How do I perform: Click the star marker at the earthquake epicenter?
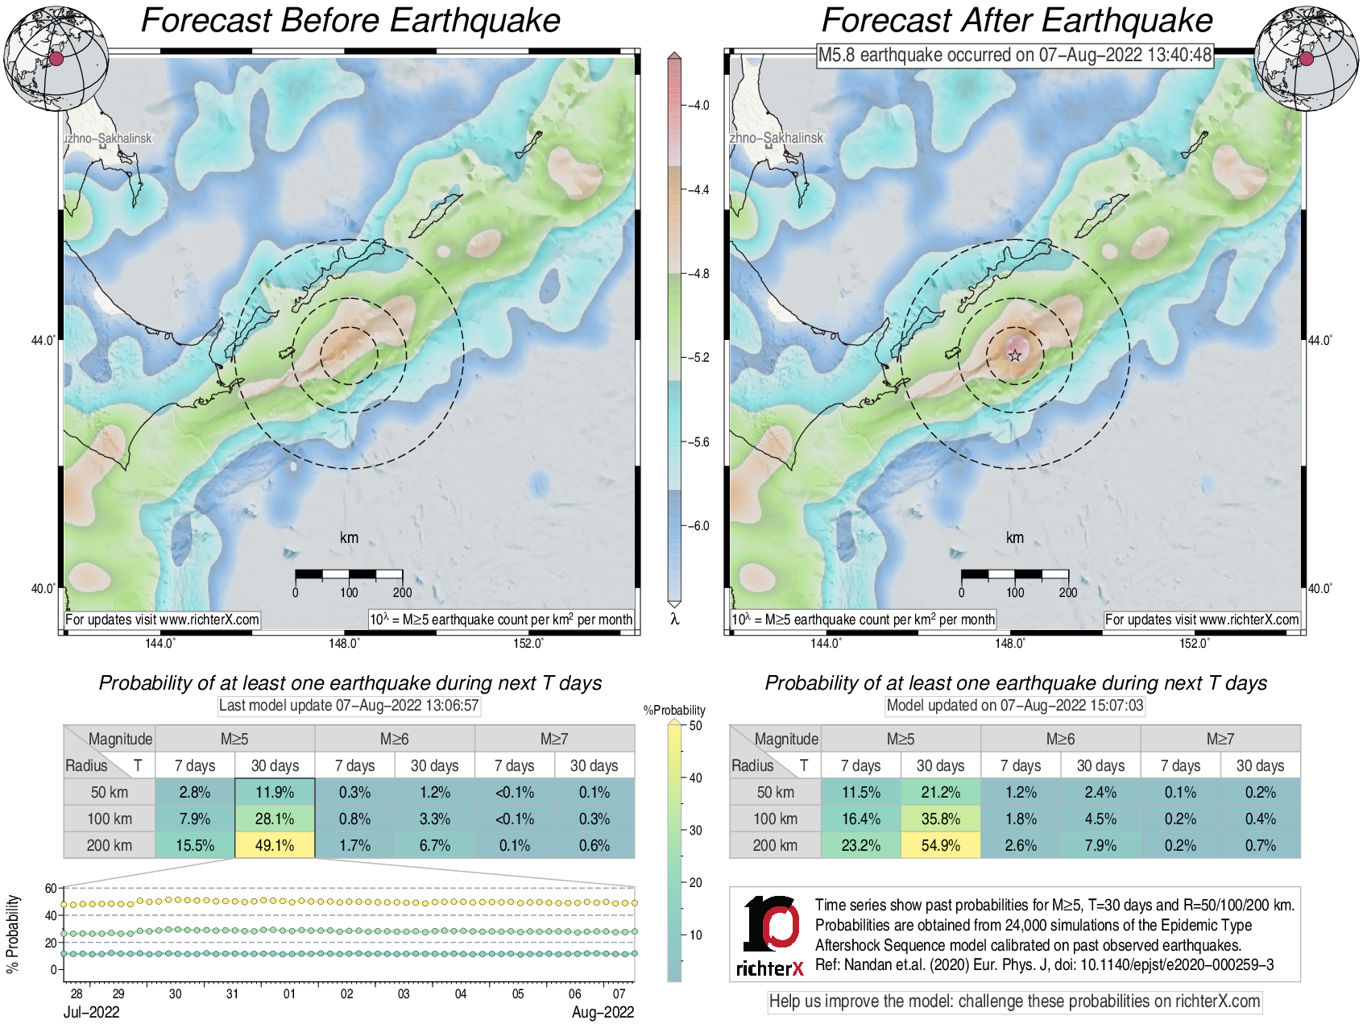pyautogui.click(x=1015, y=355)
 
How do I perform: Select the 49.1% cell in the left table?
pyautogui.click(x=275, y=845)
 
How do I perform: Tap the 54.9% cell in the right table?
pyautogui.click(x=940, y=845)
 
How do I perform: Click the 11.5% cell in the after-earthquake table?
pyautogui.click(x=860, y=792)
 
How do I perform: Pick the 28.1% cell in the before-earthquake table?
pyautogui.click(x=275, y=819)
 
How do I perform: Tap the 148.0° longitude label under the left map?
pyautogui.click(x=344, y=643)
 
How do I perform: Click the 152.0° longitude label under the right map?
pyautogui.click(x=1194, y=643)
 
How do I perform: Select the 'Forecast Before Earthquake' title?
pyautogui.click(x=350, y=21)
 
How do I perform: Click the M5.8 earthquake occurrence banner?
pyautogui.click(x=1015, y=55)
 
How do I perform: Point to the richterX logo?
pyautogui.click(x=771, y=935)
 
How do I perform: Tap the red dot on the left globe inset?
pyautogui.click(x=56, y=59)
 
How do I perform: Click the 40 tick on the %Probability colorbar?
pyautogui.click(x=696, y=777)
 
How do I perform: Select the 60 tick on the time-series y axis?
pyautogui.click(x=51, y=889)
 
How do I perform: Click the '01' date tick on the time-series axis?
pyautogui.click(x=289, y=994)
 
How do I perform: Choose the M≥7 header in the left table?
pyautogui.click(x=554, y=739)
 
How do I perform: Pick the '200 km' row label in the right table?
pyautogui.click(x=775, y=845)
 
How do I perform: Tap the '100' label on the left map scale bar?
pyautogui.click(x=349, y=593)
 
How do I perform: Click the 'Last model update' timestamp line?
pyautogui.click(x=349, y=706)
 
